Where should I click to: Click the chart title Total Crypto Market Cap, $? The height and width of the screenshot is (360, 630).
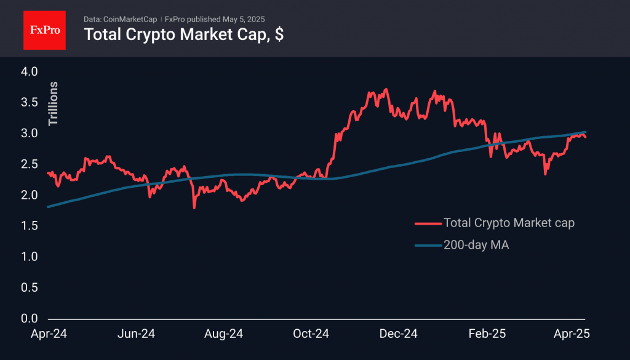(183, 34)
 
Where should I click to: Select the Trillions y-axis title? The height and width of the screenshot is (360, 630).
(54, 103)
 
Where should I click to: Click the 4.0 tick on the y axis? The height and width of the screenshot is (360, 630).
(30, 71)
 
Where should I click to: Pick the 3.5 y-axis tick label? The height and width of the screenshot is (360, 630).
(30, 102)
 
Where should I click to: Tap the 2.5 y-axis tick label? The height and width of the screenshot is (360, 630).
(30, 164)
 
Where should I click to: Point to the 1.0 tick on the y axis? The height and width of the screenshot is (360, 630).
(30, 257)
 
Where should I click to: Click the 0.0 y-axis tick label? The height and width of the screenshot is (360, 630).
(30, 319)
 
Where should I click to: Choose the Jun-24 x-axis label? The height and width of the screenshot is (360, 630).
(135, 334)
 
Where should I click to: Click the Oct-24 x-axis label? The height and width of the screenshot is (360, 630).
(311, 334)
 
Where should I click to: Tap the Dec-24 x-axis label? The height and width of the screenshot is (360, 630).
(399, 334)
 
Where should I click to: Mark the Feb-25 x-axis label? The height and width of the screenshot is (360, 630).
(487, 334)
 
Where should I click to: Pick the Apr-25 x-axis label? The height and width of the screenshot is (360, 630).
(572, 334)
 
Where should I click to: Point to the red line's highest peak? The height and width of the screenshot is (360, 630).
(386, 89)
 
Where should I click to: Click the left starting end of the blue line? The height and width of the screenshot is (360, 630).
(49, 207)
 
